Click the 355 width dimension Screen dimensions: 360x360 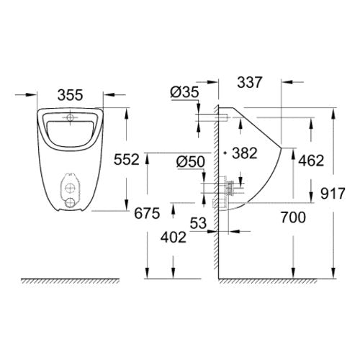tap(71, 95)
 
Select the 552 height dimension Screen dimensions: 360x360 tap(127, 159)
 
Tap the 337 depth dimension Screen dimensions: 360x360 tap(250, 82)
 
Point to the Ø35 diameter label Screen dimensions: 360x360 tap(184, 92)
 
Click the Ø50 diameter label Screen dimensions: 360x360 tap(191, 161)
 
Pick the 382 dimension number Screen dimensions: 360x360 tap(245, 153)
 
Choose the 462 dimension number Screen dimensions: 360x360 tap(311, 161)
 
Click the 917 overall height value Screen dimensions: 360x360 tap(333, 194)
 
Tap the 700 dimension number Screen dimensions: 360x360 tap(293, 217)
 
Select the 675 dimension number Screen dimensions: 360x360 tap(147, 213)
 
